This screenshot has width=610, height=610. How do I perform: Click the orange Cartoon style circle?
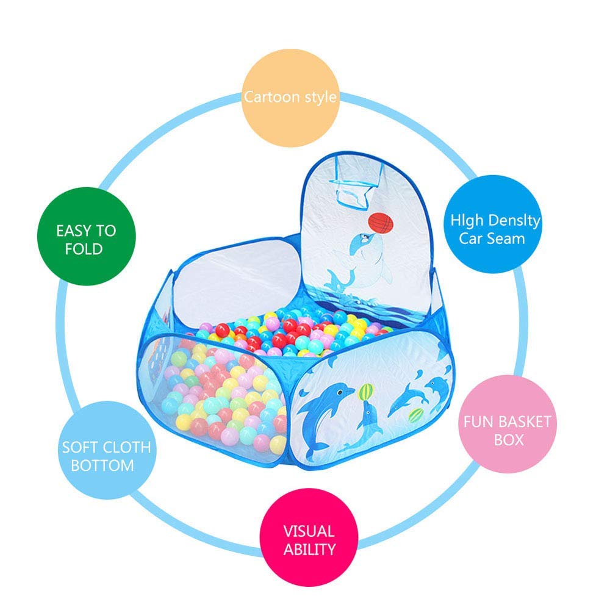290,98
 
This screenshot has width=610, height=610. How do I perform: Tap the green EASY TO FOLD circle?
87,236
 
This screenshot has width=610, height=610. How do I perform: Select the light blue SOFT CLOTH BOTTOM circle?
107,450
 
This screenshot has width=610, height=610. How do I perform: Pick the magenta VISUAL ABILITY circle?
309,537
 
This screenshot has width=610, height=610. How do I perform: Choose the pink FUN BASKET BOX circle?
508,424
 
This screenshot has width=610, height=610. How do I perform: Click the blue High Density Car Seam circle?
493,224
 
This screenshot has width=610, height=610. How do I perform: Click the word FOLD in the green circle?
84,249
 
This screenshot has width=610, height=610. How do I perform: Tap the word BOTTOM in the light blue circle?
102,465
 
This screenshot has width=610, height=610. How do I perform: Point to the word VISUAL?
309,531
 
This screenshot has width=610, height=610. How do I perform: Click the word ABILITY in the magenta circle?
310,550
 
